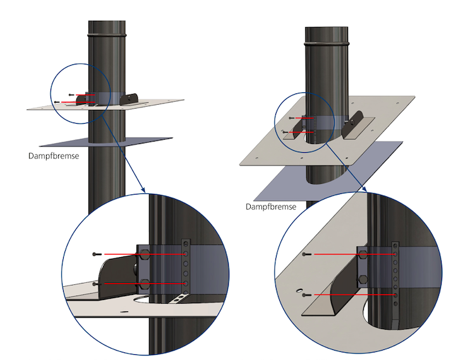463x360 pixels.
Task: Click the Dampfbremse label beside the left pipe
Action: pyautogui.click(x=54, y=155)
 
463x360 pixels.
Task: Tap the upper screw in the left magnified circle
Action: pyautogui.click(x=95, y=254)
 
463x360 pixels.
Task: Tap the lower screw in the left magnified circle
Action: pyautogui.click(x=95, y=284)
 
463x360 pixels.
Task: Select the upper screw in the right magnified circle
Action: pyautogui.click(x=307, y=254)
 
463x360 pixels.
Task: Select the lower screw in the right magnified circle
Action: pyautogui.click(x=307, y=295)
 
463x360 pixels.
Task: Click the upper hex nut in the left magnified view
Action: pyautogui.click(x=144, y=254)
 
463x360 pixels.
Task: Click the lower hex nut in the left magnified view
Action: pyautogui.click(x=144, y=283)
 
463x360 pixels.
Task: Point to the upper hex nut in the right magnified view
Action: pyautogui.click(x=364, y=254)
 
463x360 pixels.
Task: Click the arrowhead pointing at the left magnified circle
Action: pyautogui.click(x=143, y=189)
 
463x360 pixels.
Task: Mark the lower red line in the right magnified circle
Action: pyautogui.click(x=354, y=295)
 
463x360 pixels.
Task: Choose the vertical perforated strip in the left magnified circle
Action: pyautogui.click(x=185, y=265)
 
